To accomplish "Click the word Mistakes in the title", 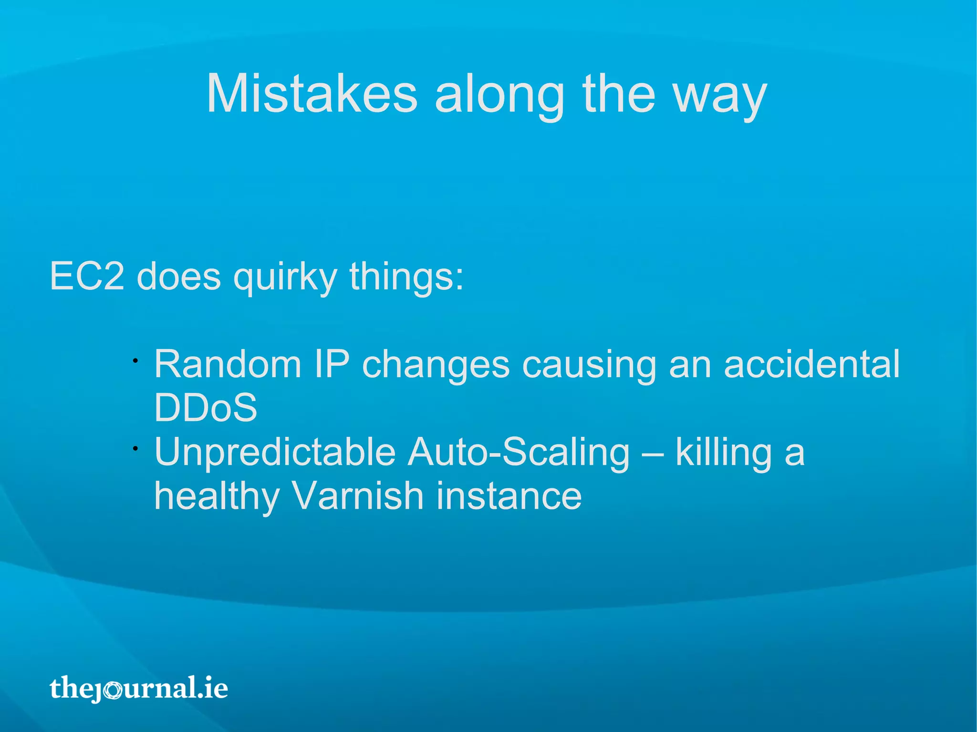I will (x=312, y=94).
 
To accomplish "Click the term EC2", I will (x=87, y=276).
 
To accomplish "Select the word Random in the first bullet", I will (x=228, y=364).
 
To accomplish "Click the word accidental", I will (x=811, y=364).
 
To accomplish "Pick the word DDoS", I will (x=206, y=408).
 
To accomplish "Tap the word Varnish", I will (x=357, y=496).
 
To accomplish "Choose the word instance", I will (x=509, y=496).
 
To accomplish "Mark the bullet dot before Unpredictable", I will (x=135, y=448).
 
